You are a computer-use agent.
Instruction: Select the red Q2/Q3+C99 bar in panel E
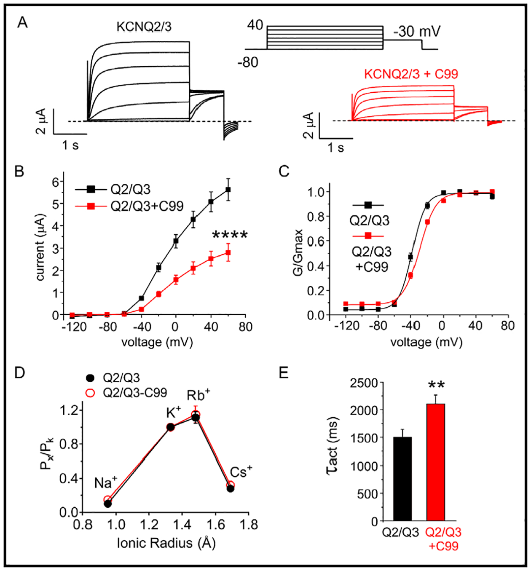[x=435, y=462]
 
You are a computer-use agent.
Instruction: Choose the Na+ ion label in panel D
[x=105, y=482]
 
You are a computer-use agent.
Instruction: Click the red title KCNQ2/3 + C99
[x=411, y=74]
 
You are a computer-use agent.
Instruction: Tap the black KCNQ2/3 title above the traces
[x=144, y=27]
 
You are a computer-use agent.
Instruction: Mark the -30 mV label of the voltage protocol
[x=417, y=32]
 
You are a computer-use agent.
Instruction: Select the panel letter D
[x=19, y=373]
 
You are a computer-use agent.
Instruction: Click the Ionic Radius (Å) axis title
[x=166, y=543]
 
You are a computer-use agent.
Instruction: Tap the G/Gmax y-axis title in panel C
[x=298, y=252]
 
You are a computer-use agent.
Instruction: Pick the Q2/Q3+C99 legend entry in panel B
[x=147, y=206]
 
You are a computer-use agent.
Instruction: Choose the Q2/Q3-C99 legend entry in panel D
[x=135, y=392]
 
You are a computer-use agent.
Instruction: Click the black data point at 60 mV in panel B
[x=228, y=190]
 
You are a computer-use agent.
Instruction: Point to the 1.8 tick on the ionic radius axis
[x=249, y=525]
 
